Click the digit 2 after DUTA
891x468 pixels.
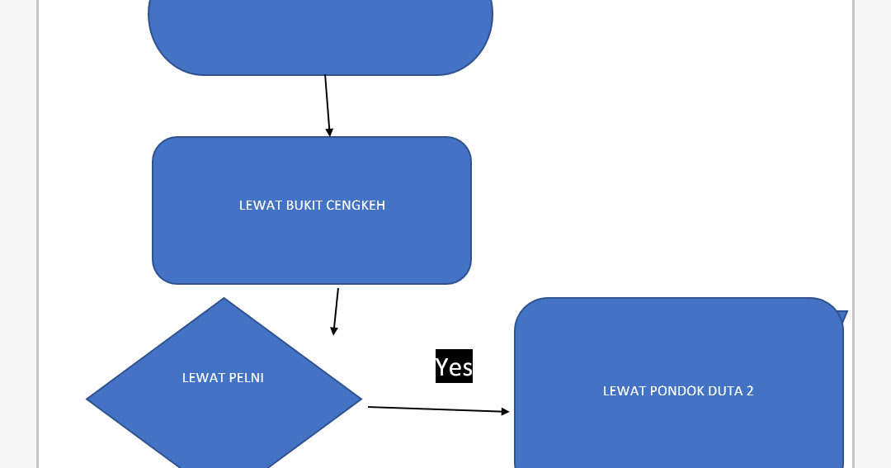coord(750,391)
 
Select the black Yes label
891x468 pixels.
coord(454,366)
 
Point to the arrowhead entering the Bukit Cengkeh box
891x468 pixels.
coord(329,132)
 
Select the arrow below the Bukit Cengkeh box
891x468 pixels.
coord(336,310)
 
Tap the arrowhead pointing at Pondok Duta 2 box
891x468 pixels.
coord(505,411)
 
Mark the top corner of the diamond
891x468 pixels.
coord(224,300)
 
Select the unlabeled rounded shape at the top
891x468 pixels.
coord(320,33)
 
